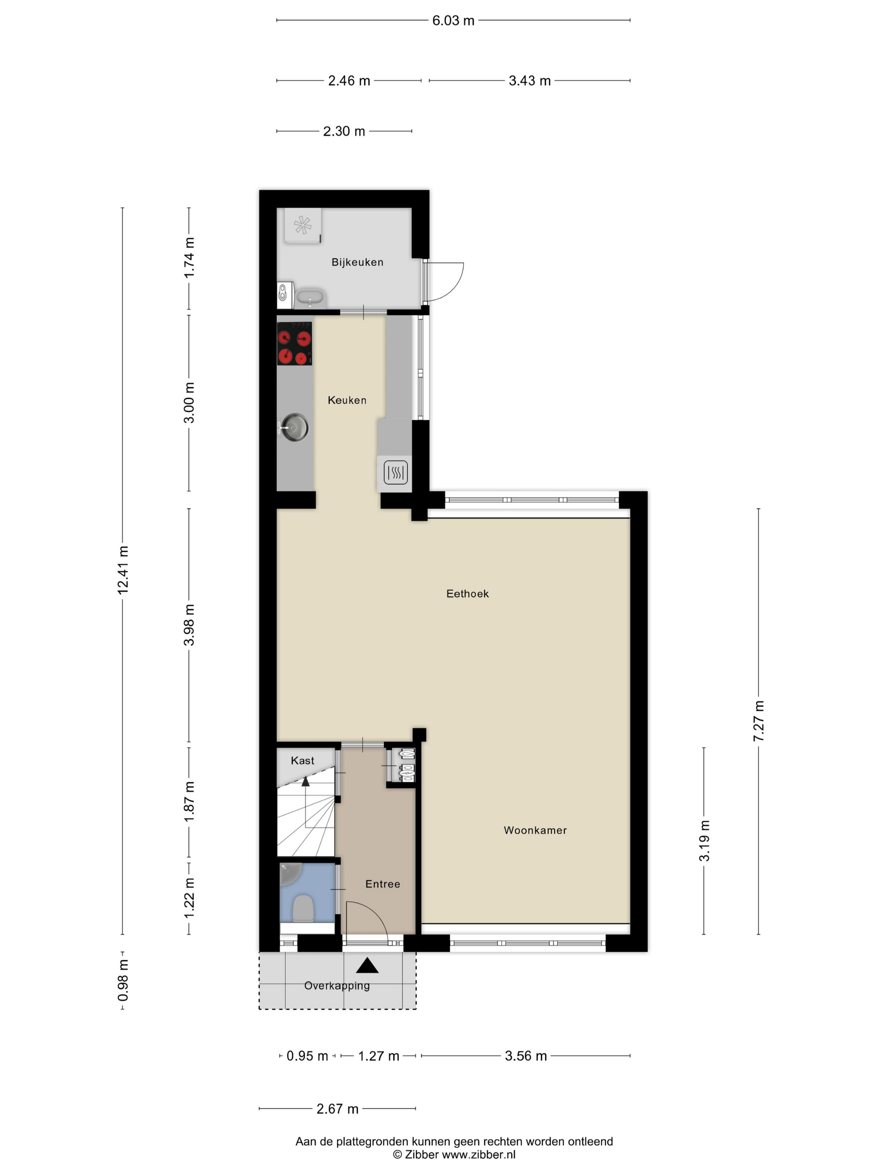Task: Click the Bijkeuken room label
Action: pyautogui.click(x=357, y=262)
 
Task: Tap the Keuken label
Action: pyautogui.click(x=347, y=400)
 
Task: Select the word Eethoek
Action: pyautogui.click(x=467, y=594)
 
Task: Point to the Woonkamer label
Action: pyautogui.click(x=535, y=830)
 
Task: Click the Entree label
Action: pyautogui.click(x=382, y=884)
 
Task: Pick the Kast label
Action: pyautogui.click(x=302, y=761)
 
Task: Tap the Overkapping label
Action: pyautogui.click(x=337, y=986)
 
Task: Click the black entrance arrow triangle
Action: pyautogui.click(x=367, y=966)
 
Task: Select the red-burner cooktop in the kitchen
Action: pyautogui.click(x=294, y=343)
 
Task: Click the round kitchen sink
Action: pyautogui.click(x=295, y=427)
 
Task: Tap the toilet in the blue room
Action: pyautogui.click(x=303, y=908)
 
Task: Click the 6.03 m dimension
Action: pyautogui.click(x=453, y=21)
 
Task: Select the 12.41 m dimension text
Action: pyautogui.click(x=123, y=570)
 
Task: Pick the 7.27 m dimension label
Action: pyautogui.click(x=758, y=720)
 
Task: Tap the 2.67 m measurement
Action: pyautogui.click(x=337, y=1109)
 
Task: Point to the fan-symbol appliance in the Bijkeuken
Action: pyautogui.click(x=302, y=225)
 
